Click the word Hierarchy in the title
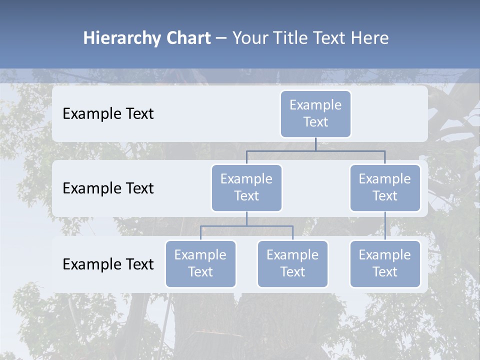pos(122,38)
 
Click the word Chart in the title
pos(188,38)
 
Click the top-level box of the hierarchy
pos(315,113)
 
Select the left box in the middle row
pos(246,187)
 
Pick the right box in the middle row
pos(385,187)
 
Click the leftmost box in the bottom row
pos(200,263)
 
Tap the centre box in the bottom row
pos(292,263)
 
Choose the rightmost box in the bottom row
pos(385,263)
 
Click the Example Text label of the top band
pos(108,114)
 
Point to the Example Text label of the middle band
pos(108,188)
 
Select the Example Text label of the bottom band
pos(108,264)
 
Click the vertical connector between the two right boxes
pos(385,226)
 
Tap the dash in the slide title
pos(221,38)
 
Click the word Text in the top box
pos(315,122)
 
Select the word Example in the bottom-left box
pos(200,255)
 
